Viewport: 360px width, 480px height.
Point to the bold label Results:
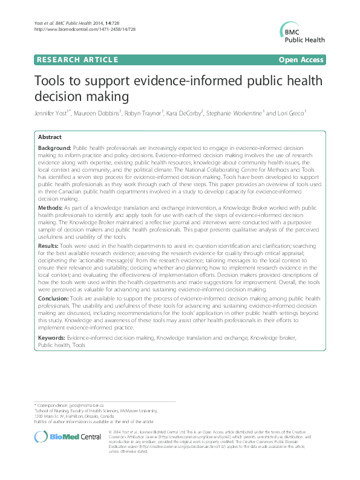point(50,246)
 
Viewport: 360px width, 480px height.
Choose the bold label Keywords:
point(51,337)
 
